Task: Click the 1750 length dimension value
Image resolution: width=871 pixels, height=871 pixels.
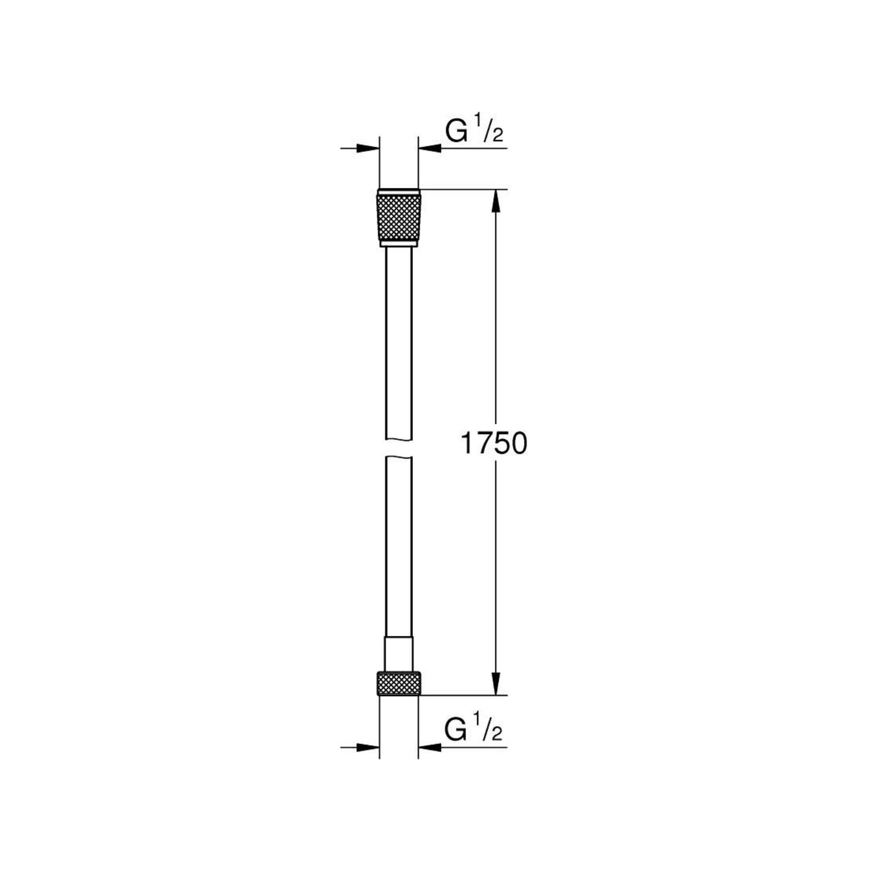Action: (x=493, y=444)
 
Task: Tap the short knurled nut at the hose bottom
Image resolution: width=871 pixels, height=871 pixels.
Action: (x=398, y=683)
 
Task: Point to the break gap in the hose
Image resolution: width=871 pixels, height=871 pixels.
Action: (x=398, y=448)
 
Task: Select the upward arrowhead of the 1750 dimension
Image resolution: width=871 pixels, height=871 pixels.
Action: (x=495, y=201)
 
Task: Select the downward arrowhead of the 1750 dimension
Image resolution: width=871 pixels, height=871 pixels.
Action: (x=495, y=684)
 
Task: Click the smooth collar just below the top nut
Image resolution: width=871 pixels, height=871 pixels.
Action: (x=398, y=244)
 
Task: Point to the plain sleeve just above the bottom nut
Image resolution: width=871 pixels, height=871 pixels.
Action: (x=398, y=655)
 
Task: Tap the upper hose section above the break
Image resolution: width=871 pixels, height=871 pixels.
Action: (x=398, y=344)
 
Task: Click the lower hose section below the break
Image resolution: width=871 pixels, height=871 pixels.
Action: (x=398, y=549)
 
